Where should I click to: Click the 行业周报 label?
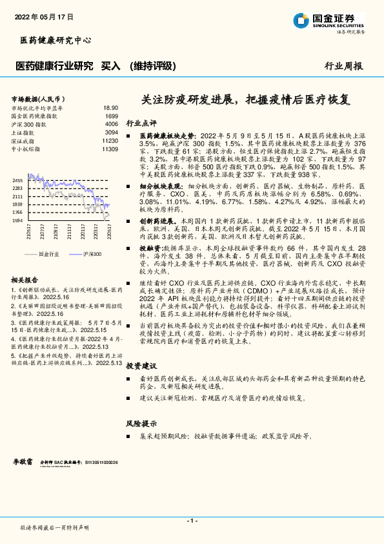(x=343, y=66)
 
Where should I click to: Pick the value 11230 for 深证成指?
(x=110, y=140)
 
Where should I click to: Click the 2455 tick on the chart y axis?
(x=17, y=180)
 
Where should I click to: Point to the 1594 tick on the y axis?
(x=17, y=220)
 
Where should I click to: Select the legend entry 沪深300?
(x=91, y=255)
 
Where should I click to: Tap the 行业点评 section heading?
(x=141, y=123)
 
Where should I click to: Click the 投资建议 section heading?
(x=141, y=365)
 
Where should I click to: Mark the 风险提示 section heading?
(x=141, y=423)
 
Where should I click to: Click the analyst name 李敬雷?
(x=23, y=463)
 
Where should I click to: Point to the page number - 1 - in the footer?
(x=192, y=520)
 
